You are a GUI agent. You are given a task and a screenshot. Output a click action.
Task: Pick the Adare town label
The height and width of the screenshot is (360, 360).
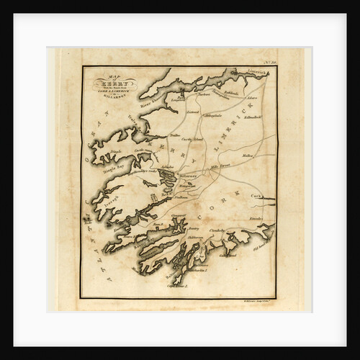click(251, 97)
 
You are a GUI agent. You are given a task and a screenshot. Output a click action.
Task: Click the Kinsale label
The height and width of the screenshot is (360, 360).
click(256, 217)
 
